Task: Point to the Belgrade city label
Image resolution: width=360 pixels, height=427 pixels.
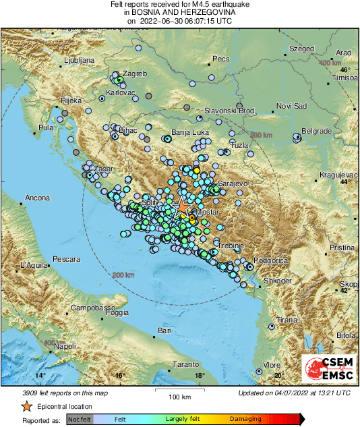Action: [316, 130]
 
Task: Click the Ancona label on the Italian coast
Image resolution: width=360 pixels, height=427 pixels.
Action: [38, 199]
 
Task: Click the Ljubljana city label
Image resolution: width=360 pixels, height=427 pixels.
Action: [79, 61]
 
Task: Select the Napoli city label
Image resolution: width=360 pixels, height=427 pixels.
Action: [65, 346]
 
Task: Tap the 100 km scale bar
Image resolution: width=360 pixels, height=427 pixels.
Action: [178, 391]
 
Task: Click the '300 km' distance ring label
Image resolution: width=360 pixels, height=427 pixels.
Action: [260, 136]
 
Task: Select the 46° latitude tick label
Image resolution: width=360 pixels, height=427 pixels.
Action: [344, 70]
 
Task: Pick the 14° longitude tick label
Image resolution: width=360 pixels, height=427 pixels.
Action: [40, 375]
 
